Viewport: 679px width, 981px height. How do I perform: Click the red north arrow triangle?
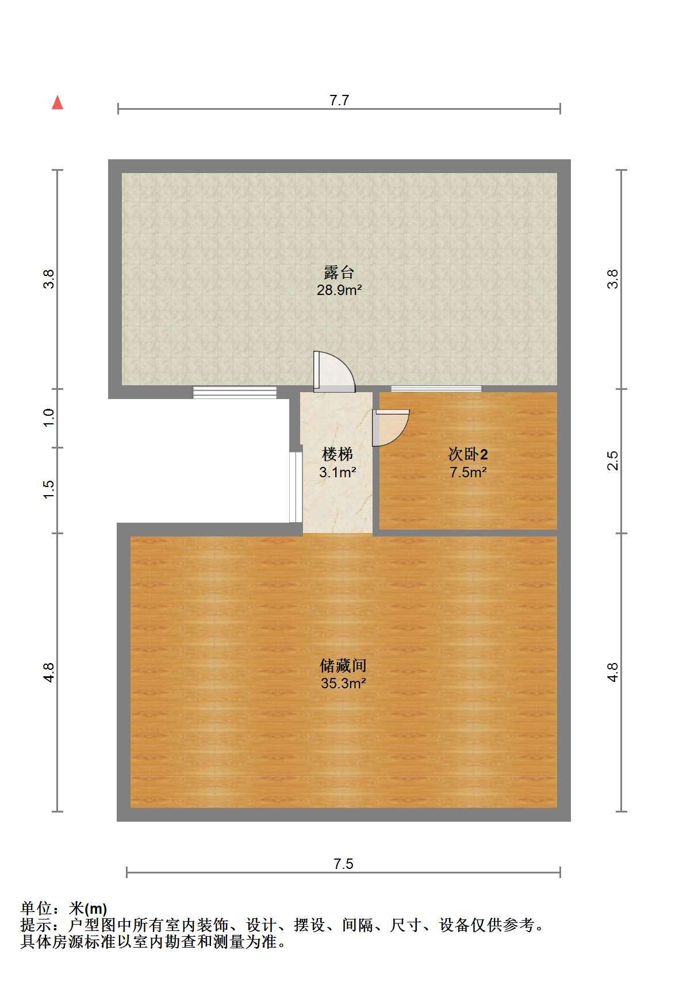click(x=57, y=102)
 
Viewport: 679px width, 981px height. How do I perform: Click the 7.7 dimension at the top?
click(x=339, y=100)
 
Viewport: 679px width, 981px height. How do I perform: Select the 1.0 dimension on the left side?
click(x=49, y=417)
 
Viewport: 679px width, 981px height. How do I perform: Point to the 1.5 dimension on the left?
click(x=49, y=489)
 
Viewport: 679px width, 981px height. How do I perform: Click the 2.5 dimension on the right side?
click(x=612, y=460)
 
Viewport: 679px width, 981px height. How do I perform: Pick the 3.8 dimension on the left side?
click(x=49, y=279)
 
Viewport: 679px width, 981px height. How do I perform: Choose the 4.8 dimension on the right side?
click(x=612, y=672)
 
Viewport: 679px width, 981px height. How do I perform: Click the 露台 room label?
click(x=339, y=273)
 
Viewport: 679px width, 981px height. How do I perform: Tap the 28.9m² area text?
click(x=339, y=290)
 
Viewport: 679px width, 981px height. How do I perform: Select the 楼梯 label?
click(x=337, y=454)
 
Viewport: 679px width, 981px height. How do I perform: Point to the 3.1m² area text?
click(x=337, y=472)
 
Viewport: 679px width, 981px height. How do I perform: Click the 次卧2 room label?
click(x=467, y=454)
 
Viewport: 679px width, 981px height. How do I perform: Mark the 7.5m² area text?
click(x=468, y=472)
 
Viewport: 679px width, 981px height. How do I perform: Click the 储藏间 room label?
click(x=343, y=665)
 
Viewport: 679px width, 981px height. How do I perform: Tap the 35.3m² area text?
click(x=343, y=683)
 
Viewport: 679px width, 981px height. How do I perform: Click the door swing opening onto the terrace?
click(x=333, y=371)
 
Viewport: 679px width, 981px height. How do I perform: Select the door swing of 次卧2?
click(x=390, y=427)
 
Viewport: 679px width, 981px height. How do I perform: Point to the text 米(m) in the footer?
click(x=88, y=909)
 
